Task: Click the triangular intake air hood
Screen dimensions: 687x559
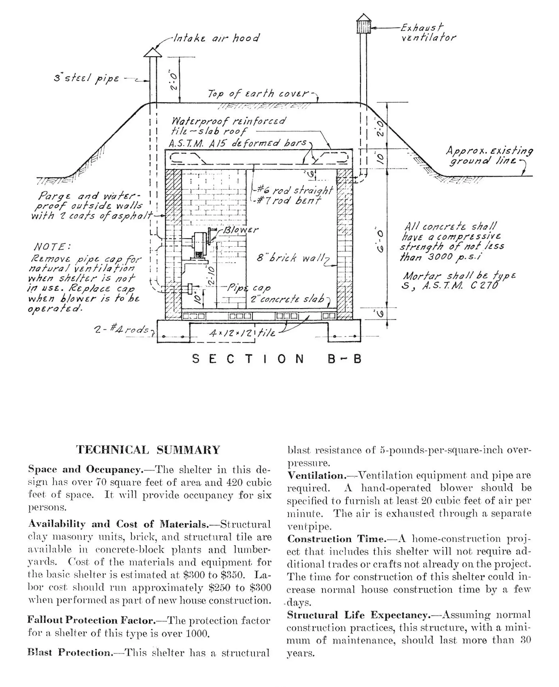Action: coord(153,52)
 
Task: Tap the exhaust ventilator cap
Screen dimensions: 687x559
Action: coord(364,24)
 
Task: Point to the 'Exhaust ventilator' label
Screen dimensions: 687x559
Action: coord(428,33)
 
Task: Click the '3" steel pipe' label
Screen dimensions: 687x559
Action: coord(86,78)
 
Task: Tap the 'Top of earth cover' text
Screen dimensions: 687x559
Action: coord(258,93)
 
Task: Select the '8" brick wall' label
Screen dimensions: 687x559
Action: coord(290,258)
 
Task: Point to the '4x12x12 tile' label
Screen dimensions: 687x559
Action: coord(242,333)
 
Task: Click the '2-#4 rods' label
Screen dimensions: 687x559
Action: coord(121,330)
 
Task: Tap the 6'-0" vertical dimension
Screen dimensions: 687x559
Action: coord(380,241)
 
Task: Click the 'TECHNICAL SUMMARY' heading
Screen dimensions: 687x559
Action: coord(148,450)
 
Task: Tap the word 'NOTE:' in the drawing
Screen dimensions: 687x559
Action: coord(52,247)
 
